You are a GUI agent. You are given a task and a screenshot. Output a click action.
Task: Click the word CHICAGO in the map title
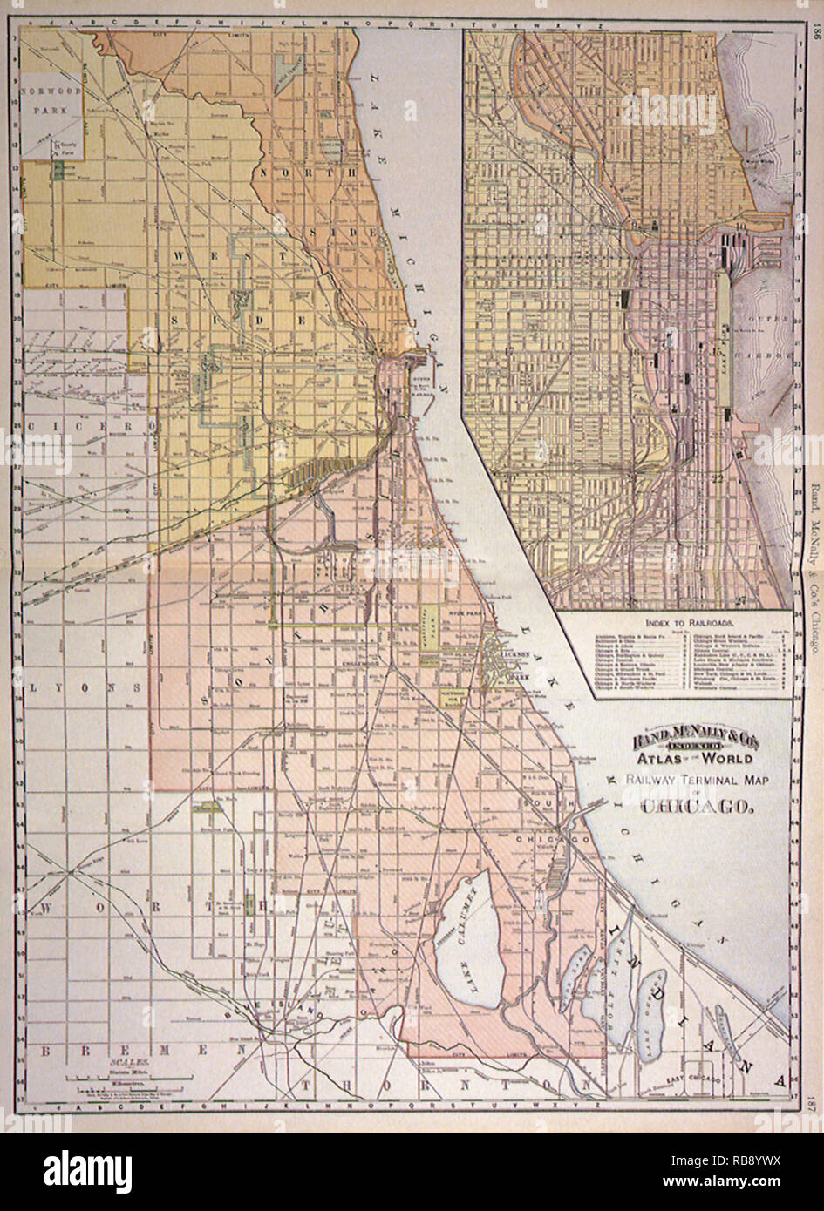[x=696, y=806]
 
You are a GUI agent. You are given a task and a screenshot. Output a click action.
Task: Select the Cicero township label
[x=78, y=426]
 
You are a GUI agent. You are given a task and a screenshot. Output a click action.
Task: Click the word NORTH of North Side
[x=305, y=173]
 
